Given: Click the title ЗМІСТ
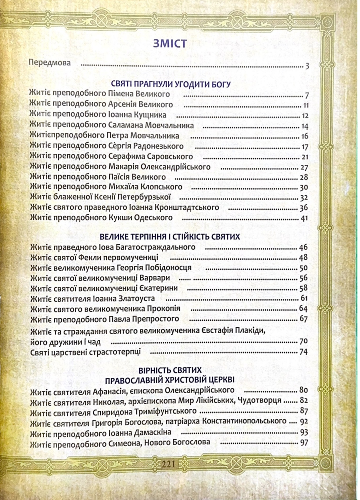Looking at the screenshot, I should [x=170, y=44].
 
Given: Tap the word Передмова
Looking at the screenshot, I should [x=50, y=63].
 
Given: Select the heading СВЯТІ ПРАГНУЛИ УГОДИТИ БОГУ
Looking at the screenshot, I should [x=170, y=84].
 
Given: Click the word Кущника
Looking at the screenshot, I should [x=150, y=115].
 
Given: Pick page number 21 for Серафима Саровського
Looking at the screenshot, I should [x=304, y=157].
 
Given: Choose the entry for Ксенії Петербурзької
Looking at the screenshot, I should [x=100, y=197].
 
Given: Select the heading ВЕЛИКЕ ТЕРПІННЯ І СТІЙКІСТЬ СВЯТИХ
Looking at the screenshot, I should [x=170, y=237].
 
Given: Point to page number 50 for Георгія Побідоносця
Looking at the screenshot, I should [x=303, y=268].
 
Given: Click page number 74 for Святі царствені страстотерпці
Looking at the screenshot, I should [x=303, y=352].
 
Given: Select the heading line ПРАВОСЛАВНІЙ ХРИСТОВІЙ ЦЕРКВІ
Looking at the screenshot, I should [x=170, y=380].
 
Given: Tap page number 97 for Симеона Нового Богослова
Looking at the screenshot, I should [x=304, y=443].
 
